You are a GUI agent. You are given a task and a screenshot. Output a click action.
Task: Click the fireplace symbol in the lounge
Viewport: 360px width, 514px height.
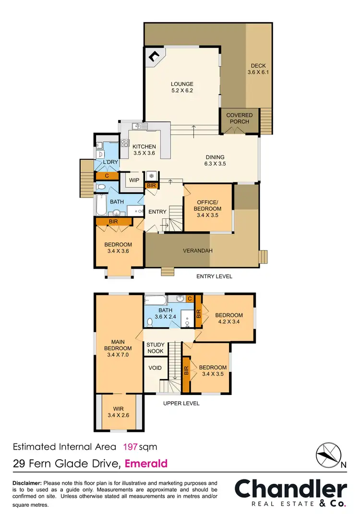click(154, 58)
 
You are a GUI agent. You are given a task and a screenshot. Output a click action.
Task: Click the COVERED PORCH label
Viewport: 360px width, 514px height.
click(239, 118)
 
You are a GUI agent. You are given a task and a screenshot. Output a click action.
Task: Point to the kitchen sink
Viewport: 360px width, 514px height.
click(138, 127)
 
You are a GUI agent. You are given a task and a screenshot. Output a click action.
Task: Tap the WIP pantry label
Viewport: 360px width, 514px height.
click(133, 180)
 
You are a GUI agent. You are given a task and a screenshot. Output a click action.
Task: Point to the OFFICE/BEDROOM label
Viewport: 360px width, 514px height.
click(207, 205)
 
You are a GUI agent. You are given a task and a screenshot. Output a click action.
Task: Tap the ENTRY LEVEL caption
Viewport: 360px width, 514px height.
click(214, 276)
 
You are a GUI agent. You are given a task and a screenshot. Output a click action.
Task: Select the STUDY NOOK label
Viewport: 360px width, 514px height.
click(155, 348)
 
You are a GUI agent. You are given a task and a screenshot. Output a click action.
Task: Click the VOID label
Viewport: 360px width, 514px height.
click(155, 368)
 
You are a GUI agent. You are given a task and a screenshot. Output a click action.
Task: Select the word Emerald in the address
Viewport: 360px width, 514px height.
click(146, 464)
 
